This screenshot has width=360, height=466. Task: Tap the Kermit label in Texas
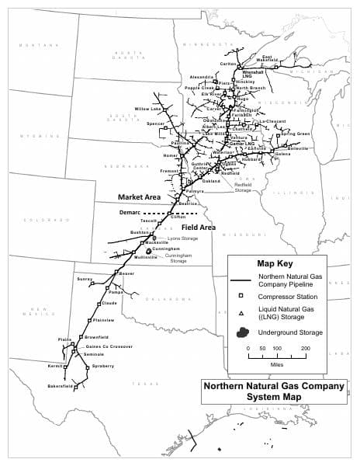(x=55, y=365)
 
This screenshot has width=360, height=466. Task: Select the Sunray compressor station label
(x=85, y=277)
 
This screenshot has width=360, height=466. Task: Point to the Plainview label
(x=104, y=320)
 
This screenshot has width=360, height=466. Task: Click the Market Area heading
(x=139, y=197)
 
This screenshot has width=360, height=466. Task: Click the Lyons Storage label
(x=182, y=238)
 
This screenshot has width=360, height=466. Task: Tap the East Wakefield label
(x=269, y=59)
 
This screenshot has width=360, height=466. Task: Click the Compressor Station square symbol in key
(x=241, y=296)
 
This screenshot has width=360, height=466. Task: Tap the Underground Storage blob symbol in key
(x=241, y=332)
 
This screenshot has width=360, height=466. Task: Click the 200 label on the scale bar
(x=305, y=349)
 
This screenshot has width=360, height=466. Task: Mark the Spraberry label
(x=103, y=365)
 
